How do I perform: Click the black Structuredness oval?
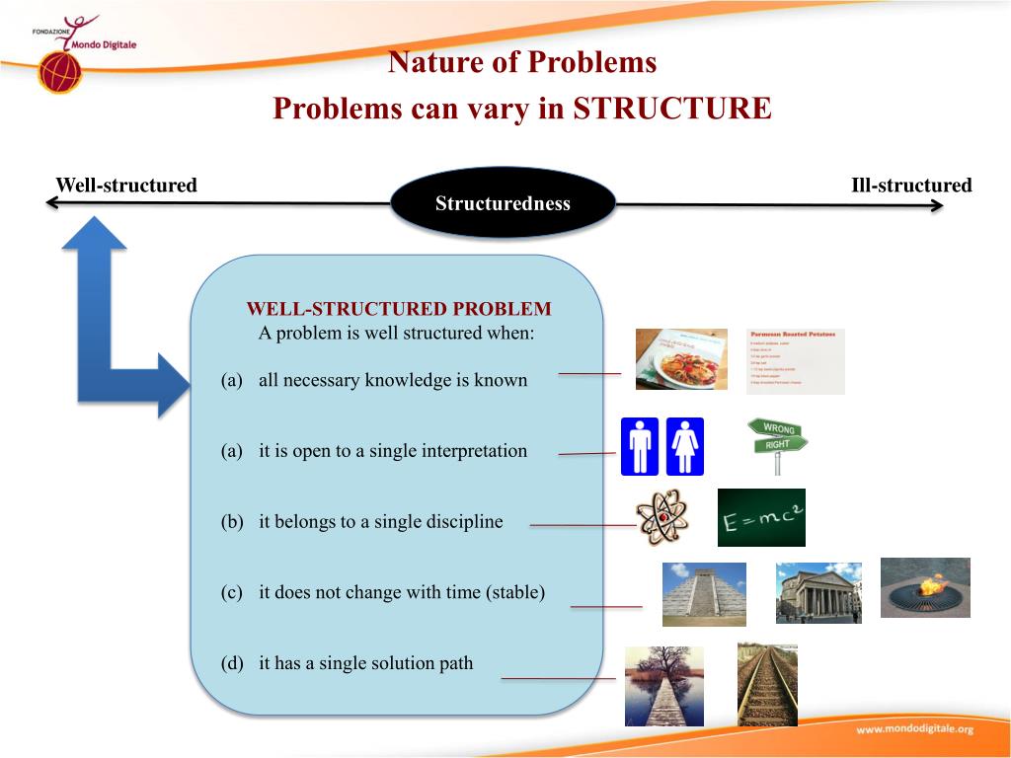(503, 203)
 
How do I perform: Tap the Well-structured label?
(126, 186)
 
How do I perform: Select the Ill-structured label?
(910, 186)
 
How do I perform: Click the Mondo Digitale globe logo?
(59, 72)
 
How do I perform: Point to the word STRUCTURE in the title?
(671, 108)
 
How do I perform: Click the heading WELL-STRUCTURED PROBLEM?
(399, 309)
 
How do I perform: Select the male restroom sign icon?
(640, 446)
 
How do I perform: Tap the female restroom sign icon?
(685, 446)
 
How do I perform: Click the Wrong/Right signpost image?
(778, 445)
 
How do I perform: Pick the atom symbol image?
(662, 518)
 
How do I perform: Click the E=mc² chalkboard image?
(761, 517)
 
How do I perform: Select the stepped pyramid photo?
(704, 594)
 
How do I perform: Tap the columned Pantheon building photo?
(818, 592)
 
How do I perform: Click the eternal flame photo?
(925, 587)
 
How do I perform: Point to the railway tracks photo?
(767, 684)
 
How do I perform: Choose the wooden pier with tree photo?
(664, 686)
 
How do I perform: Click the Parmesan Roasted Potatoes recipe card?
(796, 361)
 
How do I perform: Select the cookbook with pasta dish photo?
(681, 359)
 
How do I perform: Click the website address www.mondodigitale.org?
(914, 729)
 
